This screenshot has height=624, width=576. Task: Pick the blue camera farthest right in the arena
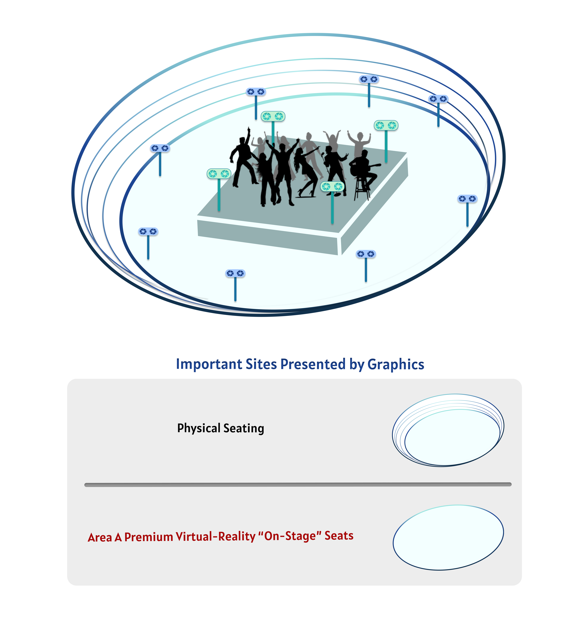[467, 199]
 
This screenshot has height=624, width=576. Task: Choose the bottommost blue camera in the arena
[235, 273]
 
